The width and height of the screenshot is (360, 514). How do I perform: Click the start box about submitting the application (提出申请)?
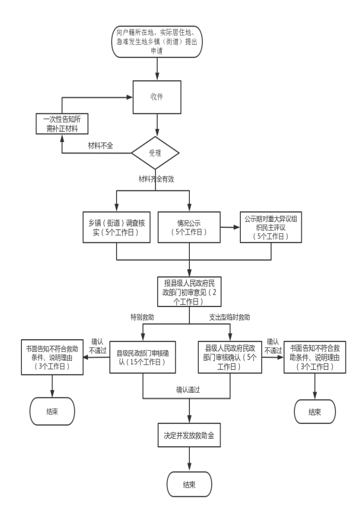pyautogui.click(x=156, y=41)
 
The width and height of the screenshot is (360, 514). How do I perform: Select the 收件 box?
pyautogui.click(x=157, y=97)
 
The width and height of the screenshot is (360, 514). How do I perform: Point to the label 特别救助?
pyautogui.click(x=142, y=316)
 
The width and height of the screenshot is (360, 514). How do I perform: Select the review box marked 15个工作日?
pyautogui.click(x=143, y=356)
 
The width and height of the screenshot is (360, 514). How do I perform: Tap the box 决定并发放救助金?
pyautogui.click(x=188, y=435)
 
